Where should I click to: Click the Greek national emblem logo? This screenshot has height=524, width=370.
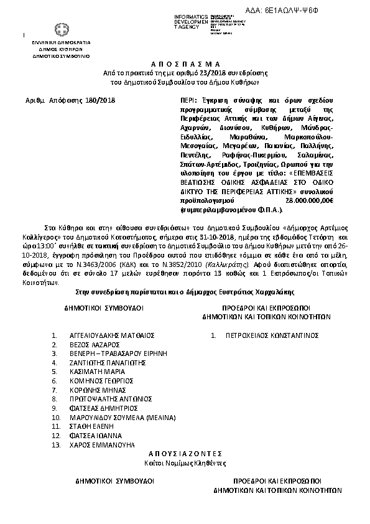[x=62, y=30]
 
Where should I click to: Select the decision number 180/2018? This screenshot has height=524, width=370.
[x=100, y=99]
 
